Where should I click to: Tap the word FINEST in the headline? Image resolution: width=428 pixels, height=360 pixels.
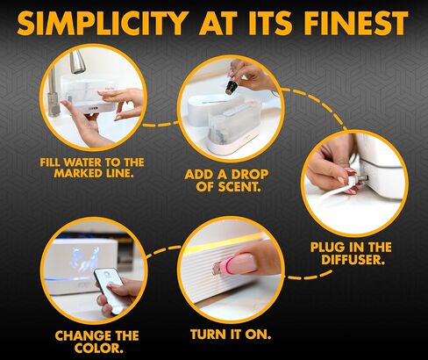[x=355, y=23]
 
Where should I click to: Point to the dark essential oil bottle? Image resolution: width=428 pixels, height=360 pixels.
[x=231, y=86]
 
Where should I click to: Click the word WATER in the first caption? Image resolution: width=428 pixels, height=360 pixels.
[x=83, y=162]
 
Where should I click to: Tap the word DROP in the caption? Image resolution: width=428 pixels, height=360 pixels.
[x=250, y=175]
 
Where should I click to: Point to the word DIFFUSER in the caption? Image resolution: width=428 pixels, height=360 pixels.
[x=353, y=260]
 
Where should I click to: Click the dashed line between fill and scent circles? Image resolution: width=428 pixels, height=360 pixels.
[x=160, y=124]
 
